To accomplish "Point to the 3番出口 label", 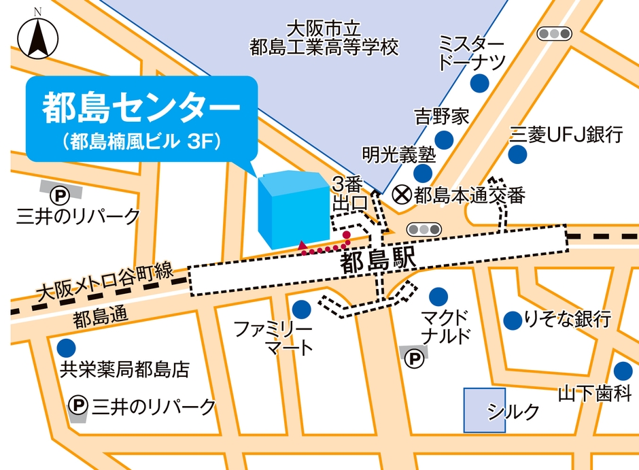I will pos(349,194).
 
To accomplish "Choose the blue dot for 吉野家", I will pos(444,140).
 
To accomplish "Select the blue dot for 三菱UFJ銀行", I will pos(518,154).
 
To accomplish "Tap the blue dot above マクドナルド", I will pos(438,297).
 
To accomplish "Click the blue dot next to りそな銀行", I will pos(512,319).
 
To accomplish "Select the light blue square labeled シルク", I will pos(485,410).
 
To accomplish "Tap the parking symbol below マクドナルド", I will pos(413,358).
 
